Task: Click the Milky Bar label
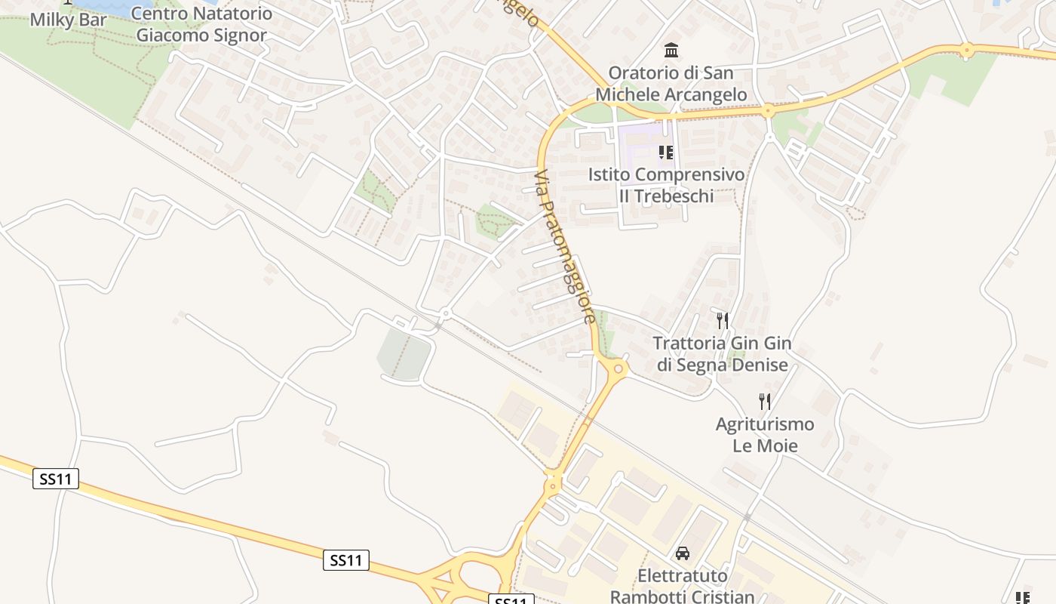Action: [x=68, y=20]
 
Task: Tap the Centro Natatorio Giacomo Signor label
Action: [x=201, y=24]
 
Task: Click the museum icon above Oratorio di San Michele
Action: [x=671, y=51]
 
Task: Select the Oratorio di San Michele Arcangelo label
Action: [x=671, y=84]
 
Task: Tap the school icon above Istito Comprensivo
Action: [x=666, y=153]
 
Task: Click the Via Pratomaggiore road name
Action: [x=566, y=247]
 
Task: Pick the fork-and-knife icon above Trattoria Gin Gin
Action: [x=723, y=320]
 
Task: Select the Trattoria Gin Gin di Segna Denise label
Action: [x=723, y=354]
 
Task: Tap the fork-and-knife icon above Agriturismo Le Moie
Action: [x=765, y=401]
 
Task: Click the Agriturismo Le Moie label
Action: [x=765, y=434]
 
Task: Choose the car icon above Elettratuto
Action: [x=683, y=553]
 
